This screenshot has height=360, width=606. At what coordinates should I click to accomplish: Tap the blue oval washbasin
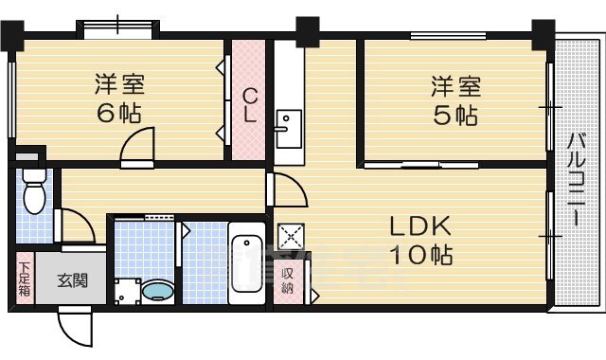point(157,291)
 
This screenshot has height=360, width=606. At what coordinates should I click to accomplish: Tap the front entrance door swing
point(75,328)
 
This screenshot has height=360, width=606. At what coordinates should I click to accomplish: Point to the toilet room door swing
point(75,225)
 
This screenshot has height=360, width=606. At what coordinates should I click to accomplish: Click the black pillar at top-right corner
point(542,33)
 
